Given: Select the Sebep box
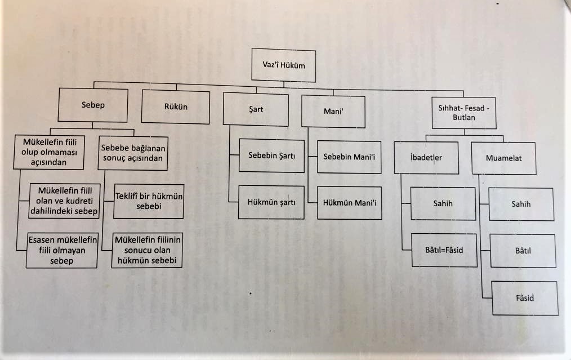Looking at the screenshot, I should tap(93, 105).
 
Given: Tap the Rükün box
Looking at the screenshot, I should tap(176, 106).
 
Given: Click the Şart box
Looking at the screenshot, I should tap(256, 109).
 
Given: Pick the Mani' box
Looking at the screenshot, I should tap(333, 112).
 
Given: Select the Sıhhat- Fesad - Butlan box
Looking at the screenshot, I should tap(464, 113).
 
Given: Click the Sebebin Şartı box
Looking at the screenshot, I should tap(271, 155).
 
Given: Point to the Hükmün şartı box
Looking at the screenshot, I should tap(271, 201).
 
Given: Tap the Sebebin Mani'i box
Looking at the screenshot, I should tap(349, 157).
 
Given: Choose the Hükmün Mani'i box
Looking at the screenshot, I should tap(349, 203).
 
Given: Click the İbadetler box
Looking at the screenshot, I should tap(426, 157).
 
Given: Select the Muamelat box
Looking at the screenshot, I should tap(503, 158).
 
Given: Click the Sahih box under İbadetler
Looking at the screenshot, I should tap(443, 203).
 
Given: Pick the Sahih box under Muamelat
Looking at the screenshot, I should tap(521, 204).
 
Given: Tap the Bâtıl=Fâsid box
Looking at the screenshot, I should tap(444, 250).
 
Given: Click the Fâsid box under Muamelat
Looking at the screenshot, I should tap(524, 298).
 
